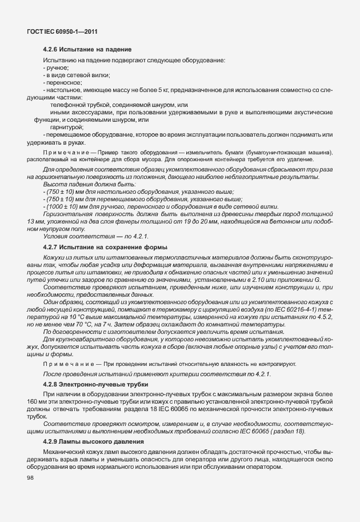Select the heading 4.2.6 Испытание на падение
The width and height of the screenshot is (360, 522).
coord(88,50)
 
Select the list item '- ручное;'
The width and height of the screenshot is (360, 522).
coord(55,68)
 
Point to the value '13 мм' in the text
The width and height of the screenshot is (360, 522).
coord(35,221)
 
